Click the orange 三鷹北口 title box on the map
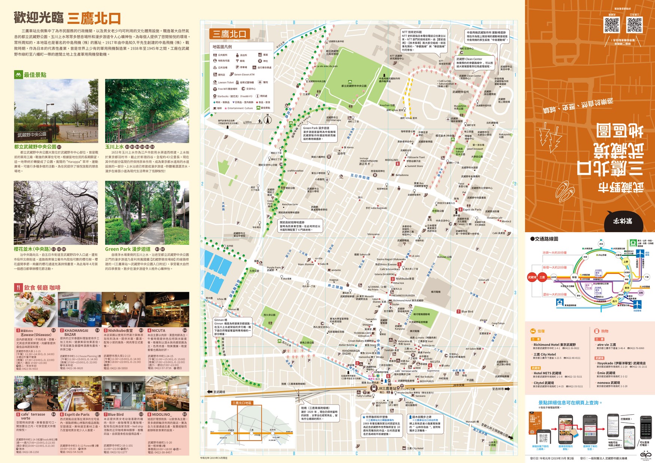(229, 34)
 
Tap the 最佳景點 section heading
(35, 75)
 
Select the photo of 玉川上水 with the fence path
(147, 111)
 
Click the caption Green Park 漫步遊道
(128, 249)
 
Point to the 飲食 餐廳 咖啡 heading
(42, 288)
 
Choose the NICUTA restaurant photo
(167, 310)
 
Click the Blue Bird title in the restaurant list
(116, 415)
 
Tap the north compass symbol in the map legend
(267, 120)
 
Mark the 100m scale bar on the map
(249, 122)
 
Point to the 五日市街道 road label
(360, 176)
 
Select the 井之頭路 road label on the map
(335, 287)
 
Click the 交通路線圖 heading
(544, 239)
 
